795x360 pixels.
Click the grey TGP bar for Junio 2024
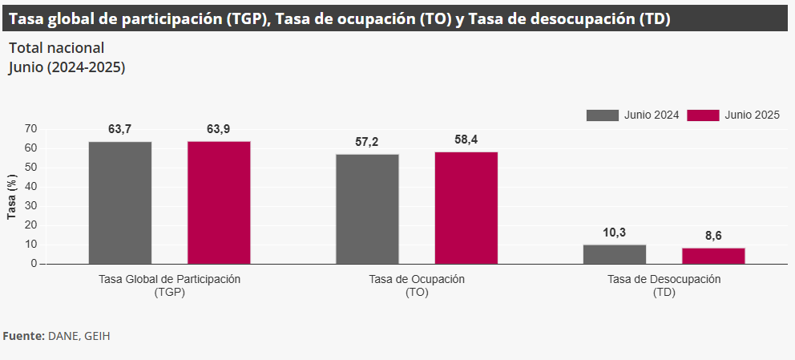point(120,202)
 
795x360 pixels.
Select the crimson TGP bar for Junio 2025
point(219,202)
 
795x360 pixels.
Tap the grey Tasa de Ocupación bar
point(367,208)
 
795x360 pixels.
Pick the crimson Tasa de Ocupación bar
point(466,208)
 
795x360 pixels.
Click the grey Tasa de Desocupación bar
point(615,254)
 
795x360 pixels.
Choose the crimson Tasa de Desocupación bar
point(713,256)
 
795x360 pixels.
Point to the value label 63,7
point(120,129)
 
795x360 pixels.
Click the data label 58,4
point(466,140)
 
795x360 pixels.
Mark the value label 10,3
point(615,233)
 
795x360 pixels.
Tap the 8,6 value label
point(713,236)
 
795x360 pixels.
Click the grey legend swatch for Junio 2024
point(603,115)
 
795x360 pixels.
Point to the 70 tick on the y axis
point(31,128)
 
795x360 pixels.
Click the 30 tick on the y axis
point(31,206)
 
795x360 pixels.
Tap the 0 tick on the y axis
point(34,264)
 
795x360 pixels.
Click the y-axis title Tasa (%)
point(12,196)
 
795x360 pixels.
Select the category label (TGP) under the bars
point(169,293)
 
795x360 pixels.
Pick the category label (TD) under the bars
point(664,293)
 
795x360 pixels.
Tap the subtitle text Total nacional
point(56,48)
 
